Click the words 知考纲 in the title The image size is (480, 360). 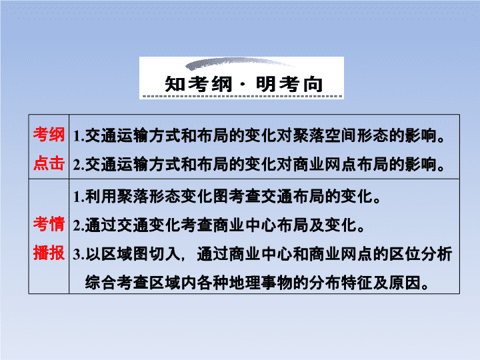click(x=199, y=84)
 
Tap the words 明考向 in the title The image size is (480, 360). click(x=289, y=84)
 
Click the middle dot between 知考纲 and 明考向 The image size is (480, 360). click(x=244, y=85)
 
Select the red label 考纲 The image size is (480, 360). click(x=49, y=135)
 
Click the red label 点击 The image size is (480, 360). click(x=49, y=163)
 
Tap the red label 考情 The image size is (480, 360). click(x=49, y=224)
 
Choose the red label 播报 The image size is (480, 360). click(x=49, y=253)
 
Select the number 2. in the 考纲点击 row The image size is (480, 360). click(x=79, y=165)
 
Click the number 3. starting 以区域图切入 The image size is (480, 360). click(x=79, y=255)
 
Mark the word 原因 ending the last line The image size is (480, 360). click(x=405, y=283)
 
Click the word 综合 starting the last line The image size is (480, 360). click(x=101, y=283)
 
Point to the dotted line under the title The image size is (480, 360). click(x=243, y=96)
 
